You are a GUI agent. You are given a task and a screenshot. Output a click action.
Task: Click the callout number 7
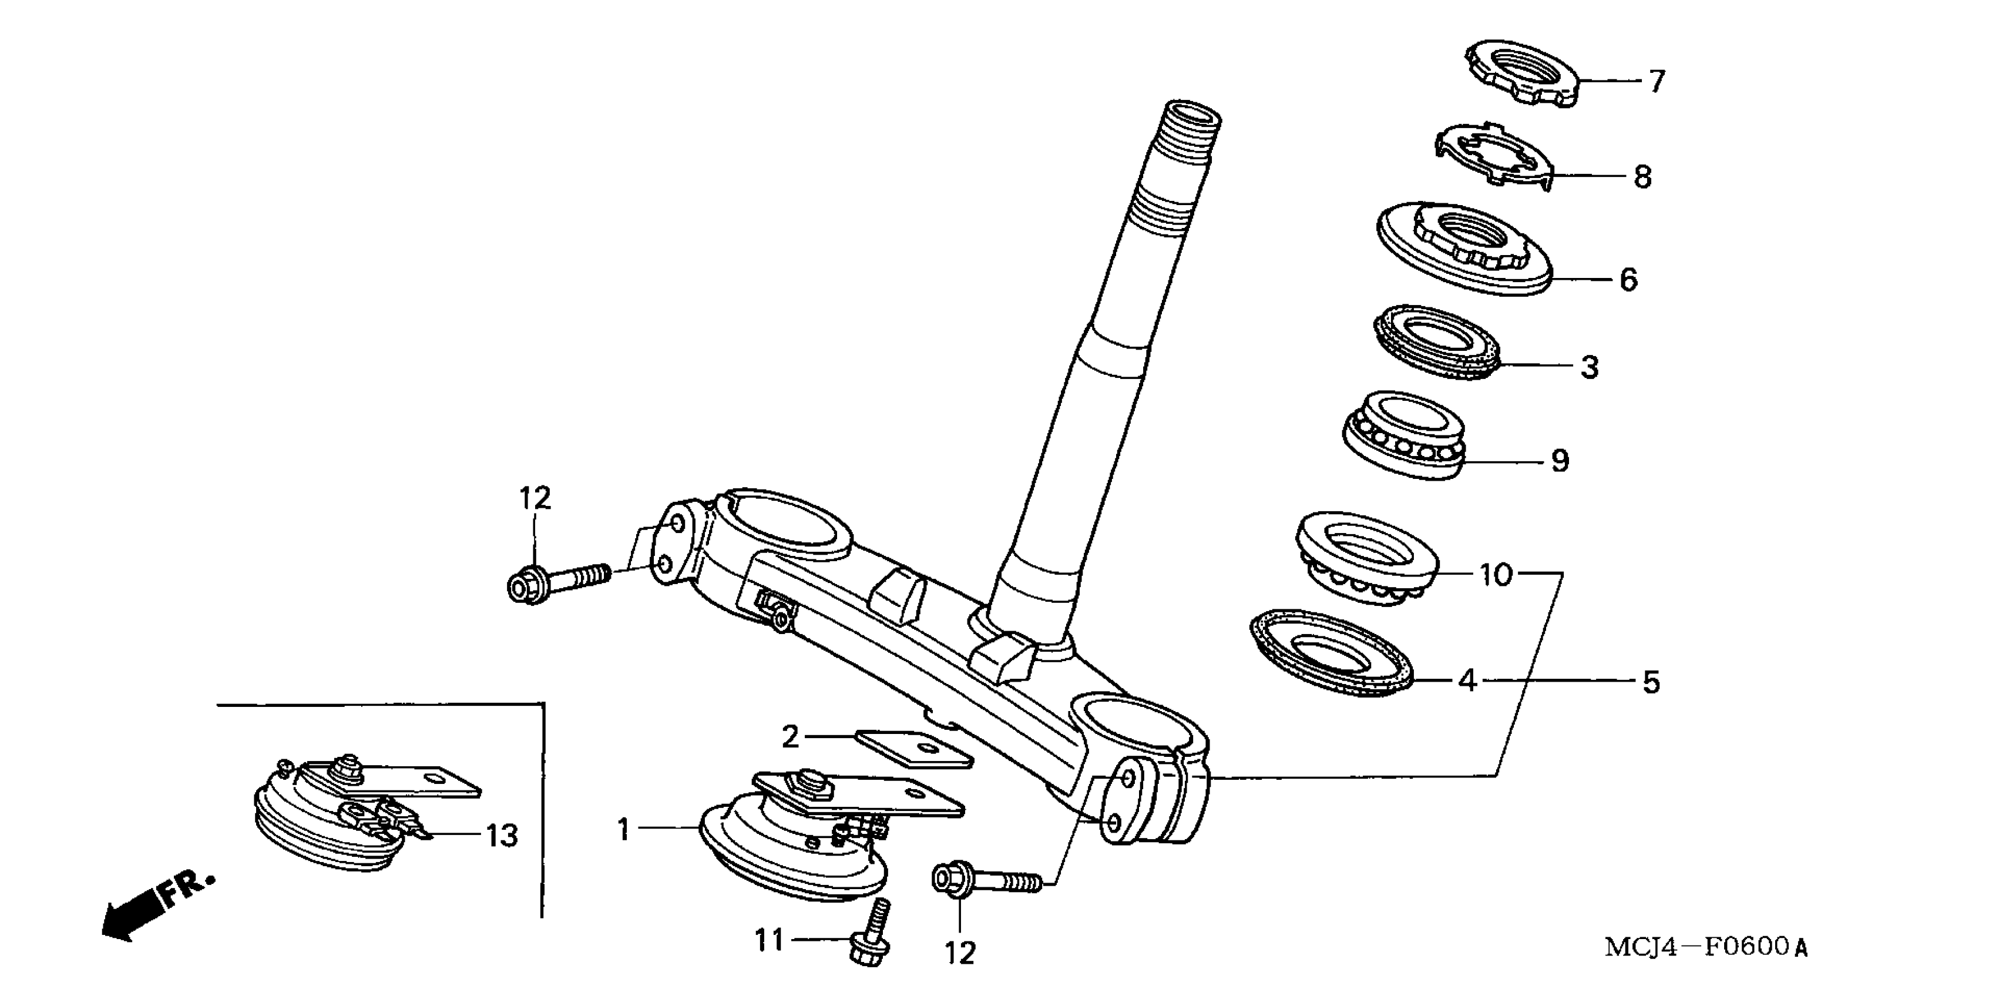tap(1656, 81)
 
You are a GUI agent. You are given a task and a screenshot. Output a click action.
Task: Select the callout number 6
tap(1628, 280)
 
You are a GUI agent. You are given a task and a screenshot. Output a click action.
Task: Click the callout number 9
tap(1560, 461)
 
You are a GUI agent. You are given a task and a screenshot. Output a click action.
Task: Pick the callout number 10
tap(1496, 575)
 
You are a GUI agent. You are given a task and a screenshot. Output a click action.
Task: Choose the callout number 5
tap(1651, 682)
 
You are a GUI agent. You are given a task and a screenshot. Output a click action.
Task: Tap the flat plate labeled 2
tap(914, 747)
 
